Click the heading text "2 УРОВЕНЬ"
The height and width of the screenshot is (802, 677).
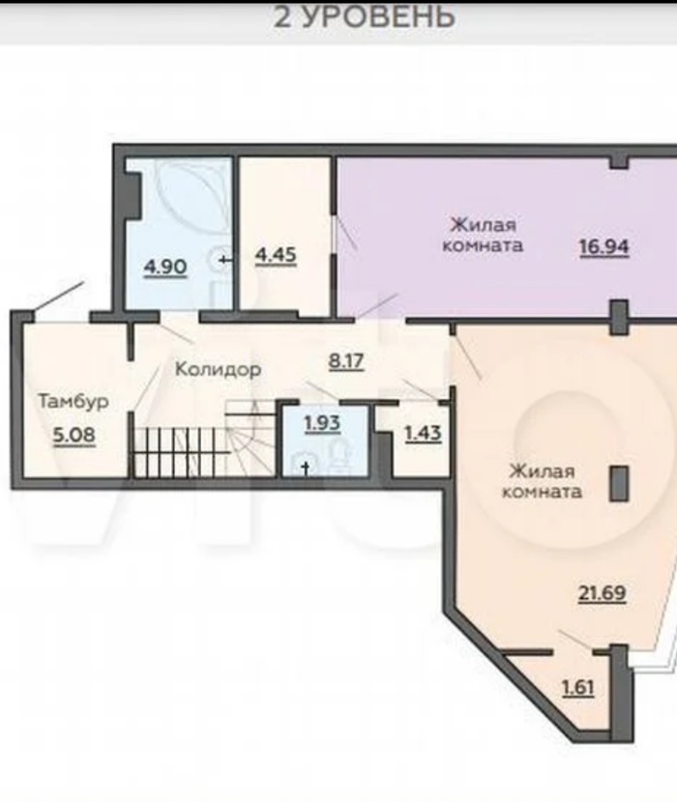(364, 16)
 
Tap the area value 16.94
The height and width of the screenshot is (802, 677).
(603, 247)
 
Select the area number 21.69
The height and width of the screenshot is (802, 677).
(602, 594)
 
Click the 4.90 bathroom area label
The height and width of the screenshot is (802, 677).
(165, 268)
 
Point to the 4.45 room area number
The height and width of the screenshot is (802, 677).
(276, 255)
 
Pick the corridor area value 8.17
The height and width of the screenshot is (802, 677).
(346, 361)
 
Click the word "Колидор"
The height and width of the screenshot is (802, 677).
(219, 369)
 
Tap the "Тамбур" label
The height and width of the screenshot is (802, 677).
(74, 402)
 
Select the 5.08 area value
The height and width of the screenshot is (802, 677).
(74, 435)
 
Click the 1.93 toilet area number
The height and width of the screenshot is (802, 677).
(322, 423)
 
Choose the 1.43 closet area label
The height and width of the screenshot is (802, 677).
(423, 434)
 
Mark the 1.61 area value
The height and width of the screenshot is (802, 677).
(578, 688)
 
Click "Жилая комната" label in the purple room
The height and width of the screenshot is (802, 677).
(482, 235)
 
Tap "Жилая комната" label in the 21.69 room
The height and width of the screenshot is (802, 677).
(542, 481)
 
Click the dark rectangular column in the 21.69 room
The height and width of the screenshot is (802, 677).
(619, 483)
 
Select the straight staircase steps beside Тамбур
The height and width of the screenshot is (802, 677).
(179, 451)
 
